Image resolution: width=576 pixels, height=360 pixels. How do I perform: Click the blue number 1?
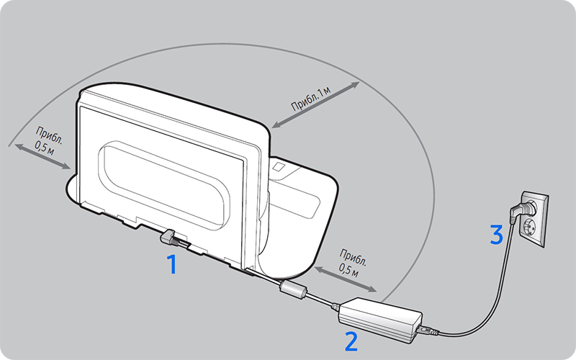click(172, 264)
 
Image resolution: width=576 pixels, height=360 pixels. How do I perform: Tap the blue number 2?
click(351, 341)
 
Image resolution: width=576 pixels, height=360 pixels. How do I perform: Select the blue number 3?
click(496, 235)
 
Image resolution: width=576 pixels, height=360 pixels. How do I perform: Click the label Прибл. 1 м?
click(311, 99)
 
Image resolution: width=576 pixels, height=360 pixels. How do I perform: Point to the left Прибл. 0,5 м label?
click(49, 140)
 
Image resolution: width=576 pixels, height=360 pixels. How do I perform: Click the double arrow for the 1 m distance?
click(315, 104)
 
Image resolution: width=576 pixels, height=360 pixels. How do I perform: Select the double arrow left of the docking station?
click(42, 157)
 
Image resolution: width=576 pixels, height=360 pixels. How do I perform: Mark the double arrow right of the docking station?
click(346, 279)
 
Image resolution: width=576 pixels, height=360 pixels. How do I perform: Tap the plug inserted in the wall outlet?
click(521, 211)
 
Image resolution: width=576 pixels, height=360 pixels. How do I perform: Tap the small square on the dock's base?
click(279, 167)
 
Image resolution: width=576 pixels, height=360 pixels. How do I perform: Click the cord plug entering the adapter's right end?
click(427, 330)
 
